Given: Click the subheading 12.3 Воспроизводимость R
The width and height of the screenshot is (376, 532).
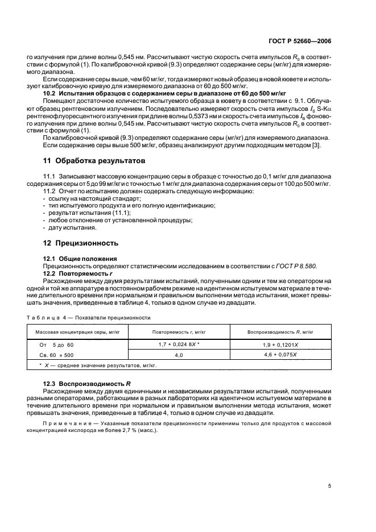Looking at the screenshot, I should [82, 385].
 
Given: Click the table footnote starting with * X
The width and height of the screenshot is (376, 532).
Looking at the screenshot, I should [97, 365].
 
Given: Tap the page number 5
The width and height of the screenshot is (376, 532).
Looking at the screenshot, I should [330, 485].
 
